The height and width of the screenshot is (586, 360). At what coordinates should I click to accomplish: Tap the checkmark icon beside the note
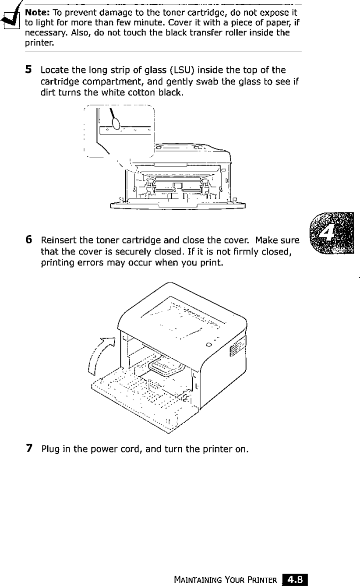8,18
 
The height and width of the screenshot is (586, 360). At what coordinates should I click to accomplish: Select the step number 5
28,69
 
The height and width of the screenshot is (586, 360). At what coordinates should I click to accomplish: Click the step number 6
28,240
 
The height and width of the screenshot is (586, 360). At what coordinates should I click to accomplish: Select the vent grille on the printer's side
236,348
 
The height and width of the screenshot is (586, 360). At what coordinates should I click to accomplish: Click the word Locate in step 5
51,70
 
